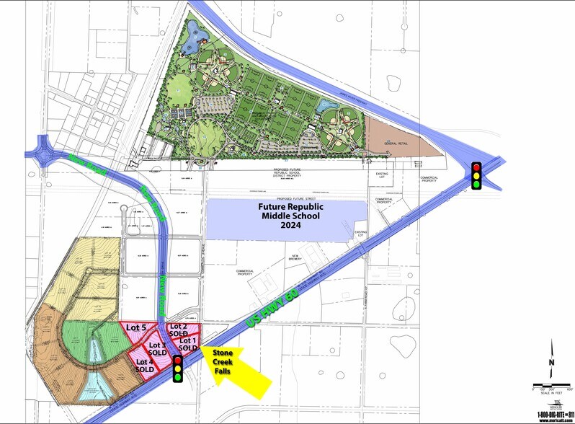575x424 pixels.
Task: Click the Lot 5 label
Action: [x=137, y=327]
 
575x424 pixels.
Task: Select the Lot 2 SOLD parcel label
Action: [x=178, y=332]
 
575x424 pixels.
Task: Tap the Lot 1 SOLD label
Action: [x=188, y=344]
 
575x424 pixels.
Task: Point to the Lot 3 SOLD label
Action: [x=158, y=348]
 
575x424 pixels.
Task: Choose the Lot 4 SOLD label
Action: [x=145, y=365]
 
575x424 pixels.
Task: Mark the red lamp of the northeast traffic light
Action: [x=476, y=168]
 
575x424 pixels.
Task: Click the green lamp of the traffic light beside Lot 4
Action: [x=177, y=376]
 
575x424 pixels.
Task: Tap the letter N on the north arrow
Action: [x=551, y=362]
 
